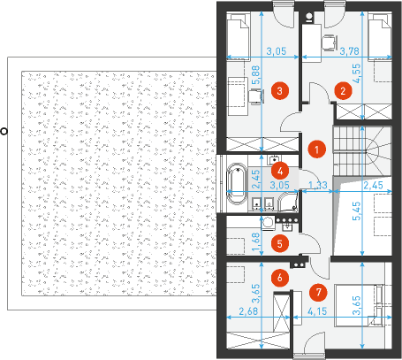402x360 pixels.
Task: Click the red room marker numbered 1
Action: point(316,149)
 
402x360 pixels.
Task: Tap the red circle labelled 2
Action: point(343,91)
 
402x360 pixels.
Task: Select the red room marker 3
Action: point(279,90)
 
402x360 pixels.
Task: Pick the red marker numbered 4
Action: point(280,171)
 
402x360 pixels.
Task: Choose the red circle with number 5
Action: point(280,243)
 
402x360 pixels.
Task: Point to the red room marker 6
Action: point(280,278)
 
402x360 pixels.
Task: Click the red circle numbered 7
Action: point(318,292)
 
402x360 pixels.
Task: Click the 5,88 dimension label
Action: point(256,74)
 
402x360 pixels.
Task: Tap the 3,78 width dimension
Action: point(349,51)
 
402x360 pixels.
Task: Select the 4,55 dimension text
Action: point(356,73)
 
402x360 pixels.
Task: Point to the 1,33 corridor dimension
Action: point(318,185)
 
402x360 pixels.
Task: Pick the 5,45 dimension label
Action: point(356,211)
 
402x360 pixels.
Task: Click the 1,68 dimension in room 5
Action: point(256,242)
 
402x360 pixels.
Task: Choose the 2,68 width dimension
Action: point(248,311)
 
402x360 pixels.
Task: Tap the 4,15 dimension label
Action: point(317,311)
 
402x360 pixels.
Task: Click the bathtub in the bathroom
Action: point(237,184)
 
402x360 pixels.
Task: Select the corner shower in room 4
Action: point(288,202)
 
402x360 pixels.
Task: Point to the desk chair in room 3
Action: point(256,96)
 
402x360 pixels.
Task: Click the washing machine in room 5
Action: point(268,223)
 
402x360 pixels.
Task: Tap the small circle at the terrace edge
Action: point(4,132)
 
